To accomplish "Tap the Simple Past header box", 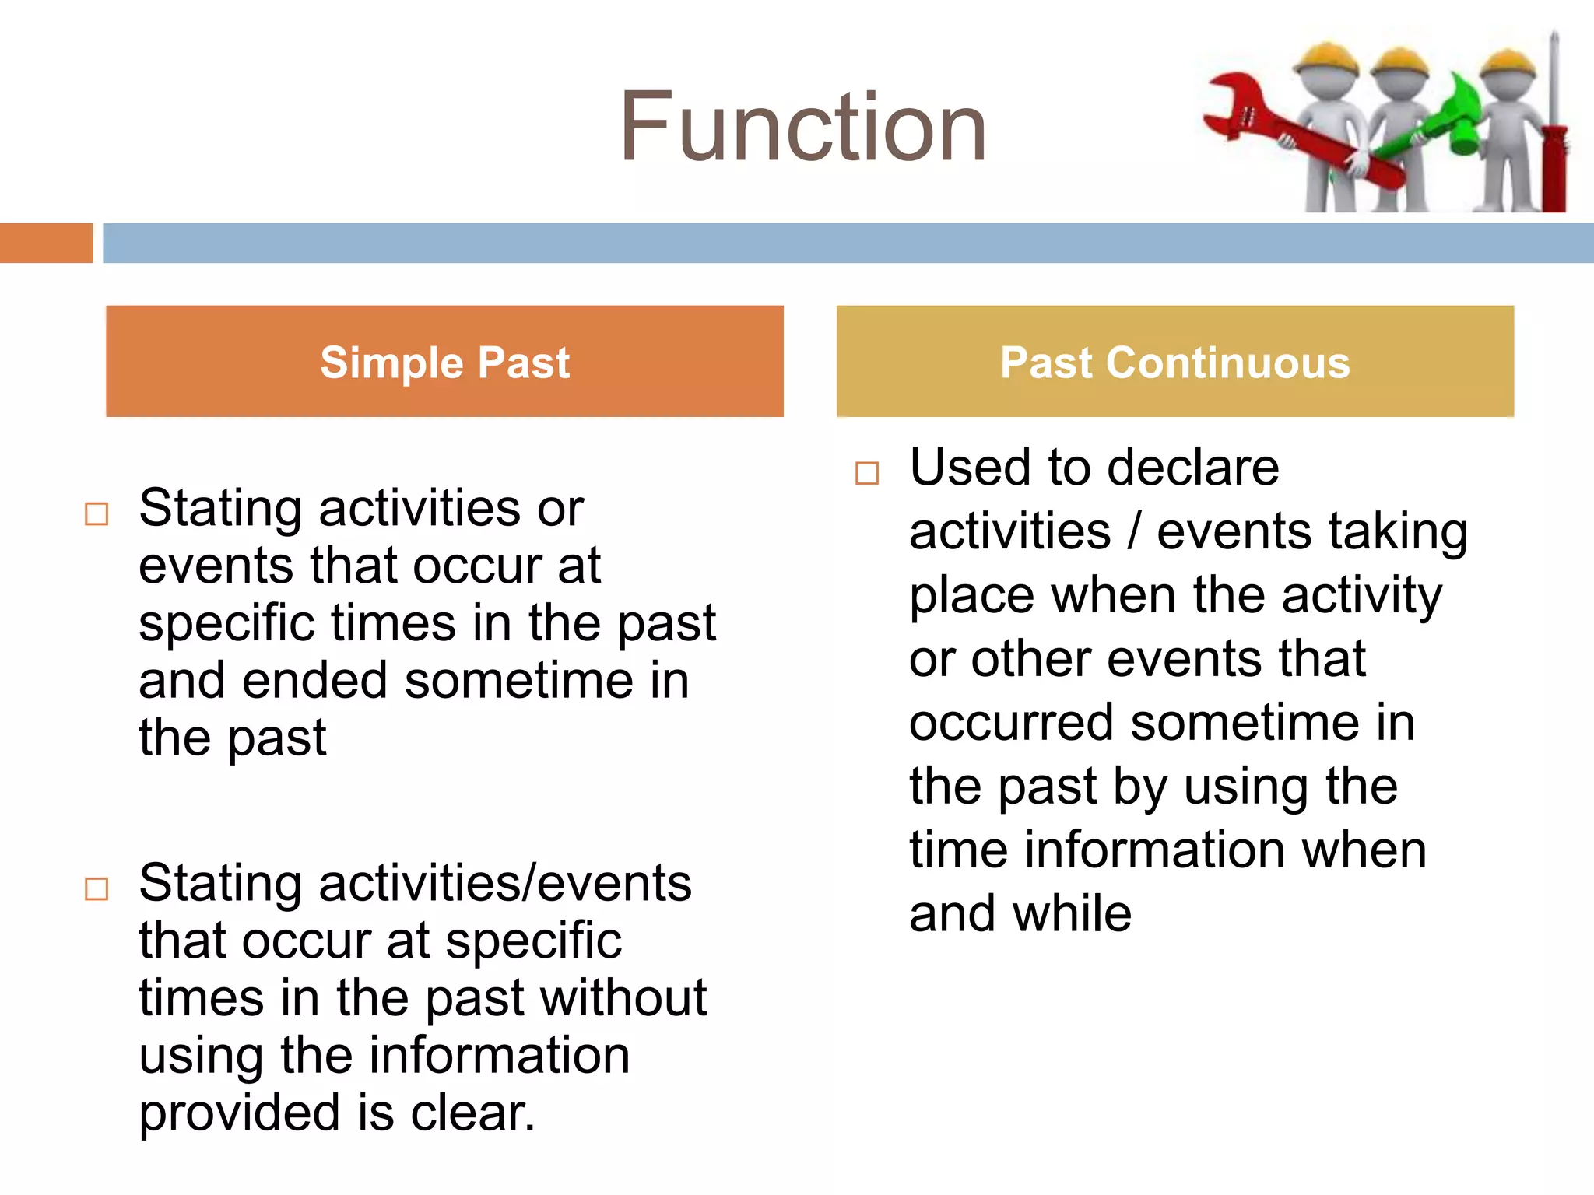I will pyautogui.click(x=444, y=361).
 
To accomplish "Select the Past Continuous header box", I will pyautogui.click(x=1174, y=361).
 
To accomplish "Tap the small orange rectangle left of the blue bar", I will pyautogui.click(x=46, y=243).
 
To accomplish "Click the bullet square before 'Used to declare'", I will pyautogui.click(x=866, y=473).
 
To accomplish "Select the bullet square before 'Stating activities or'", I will pyautogui.click(x=97, y=514).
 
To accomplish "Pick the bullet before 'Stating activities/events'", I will pyautogui.click(x=97, y=888).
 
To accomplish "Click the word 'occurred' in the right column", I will pyautogui.click(x=1012, y=723).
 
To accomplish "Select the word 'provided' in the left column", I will pyautogui.click(x=240, y=1114).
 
